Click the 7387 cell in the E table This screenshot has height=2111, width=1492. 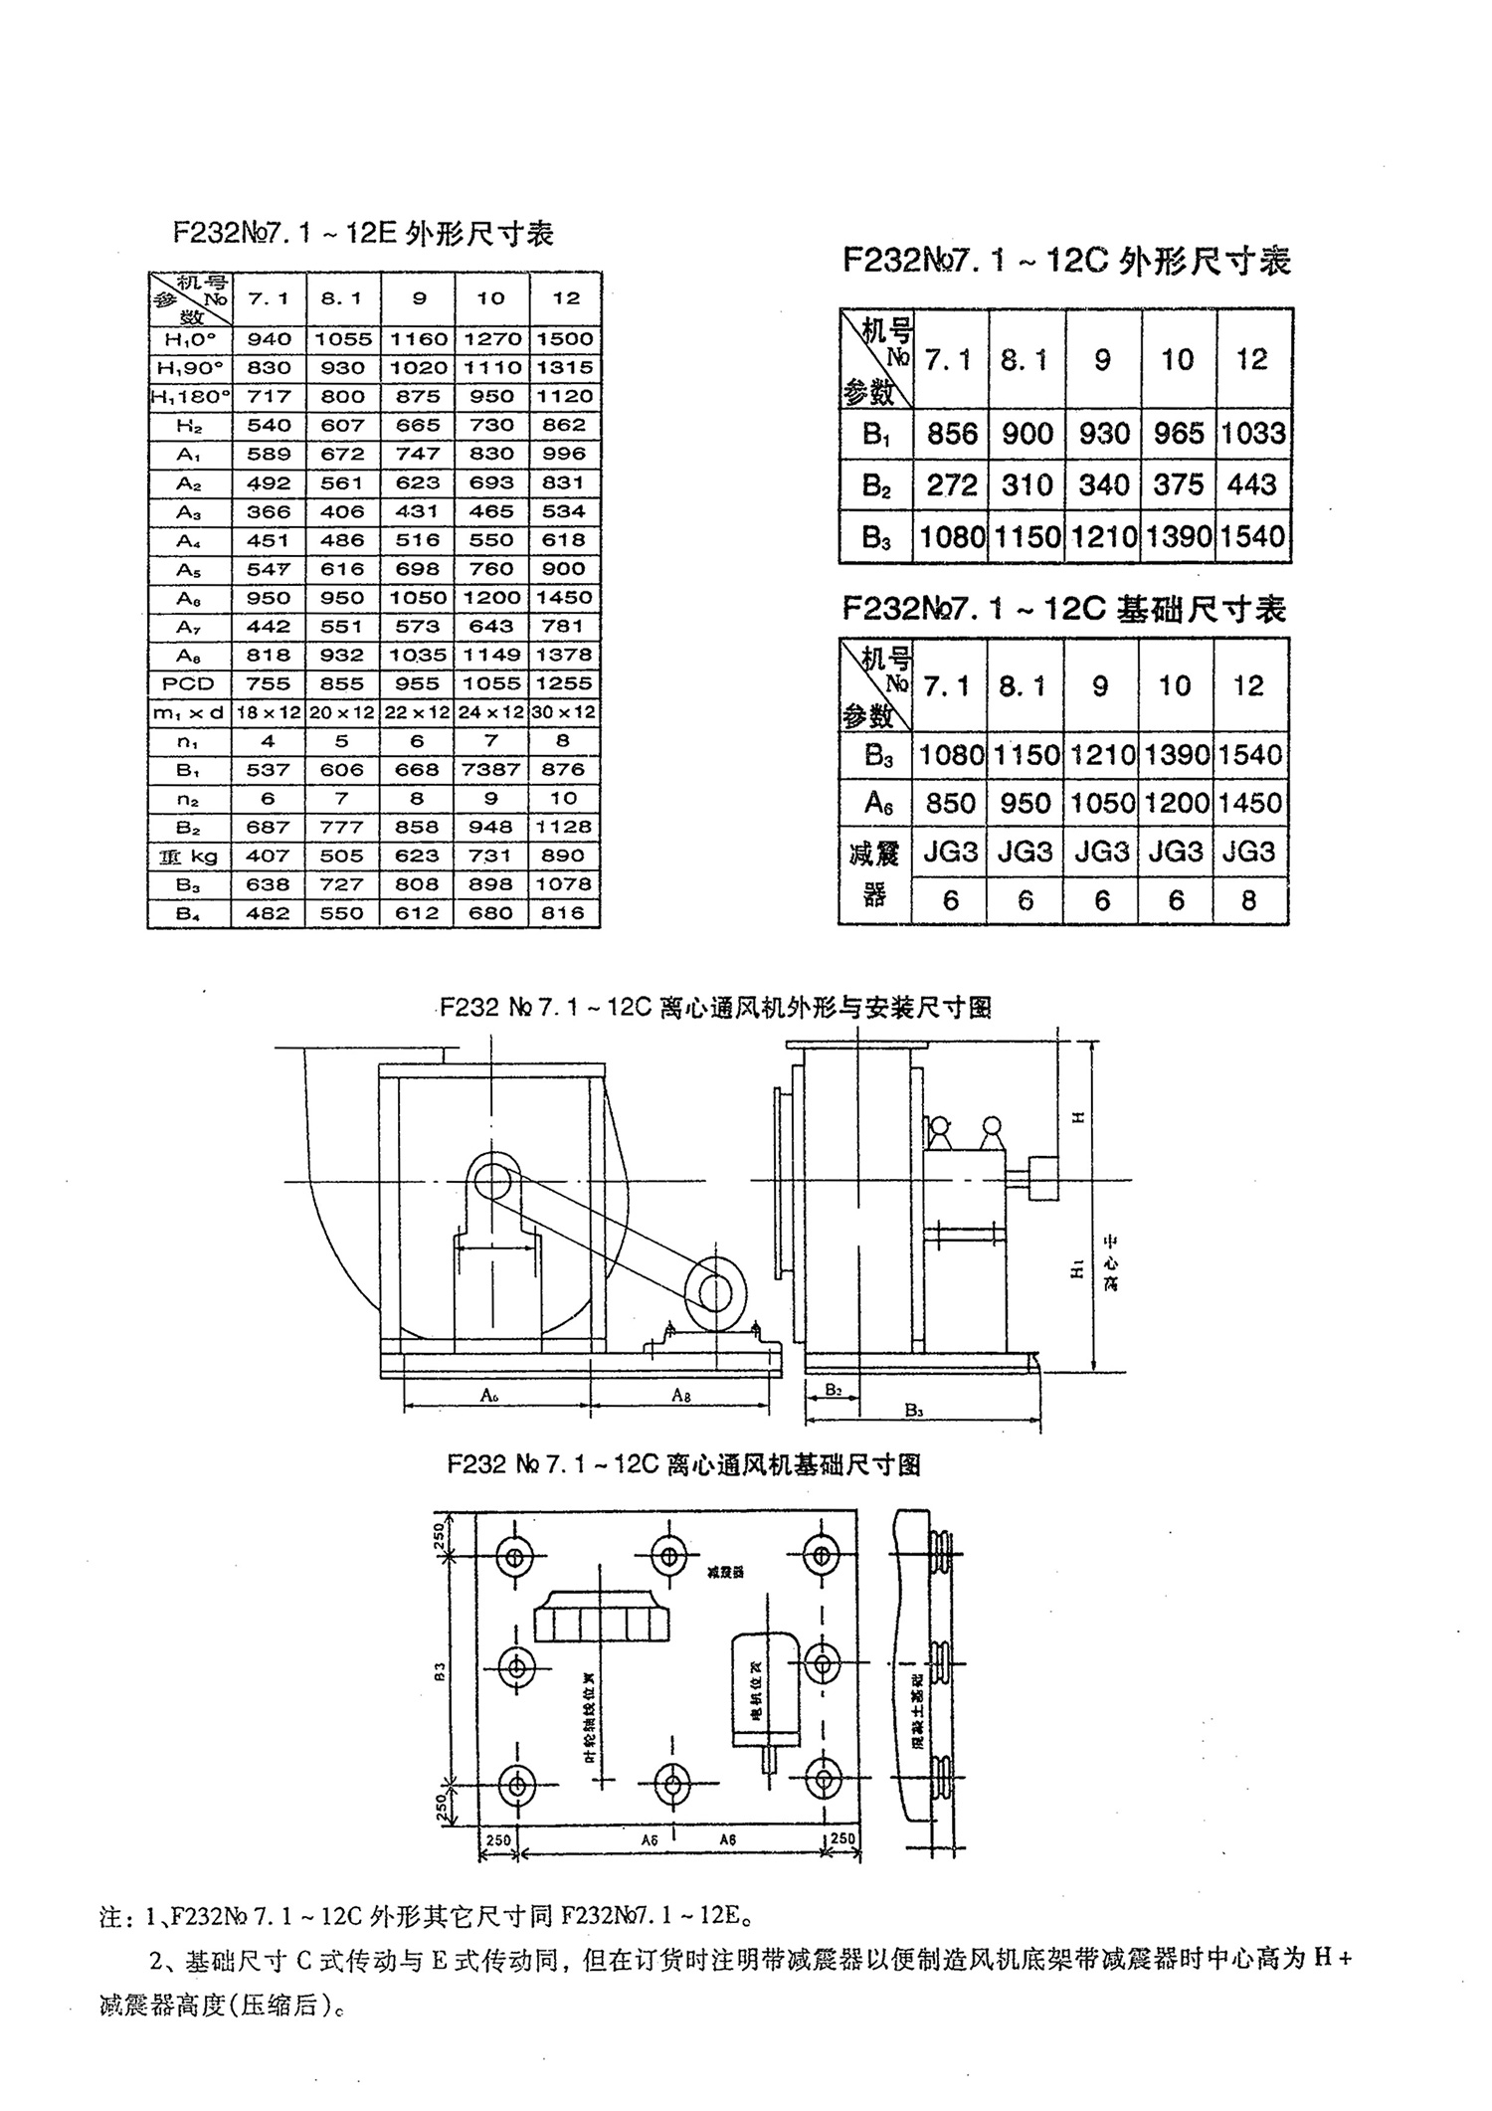pyautogui.click(x=491, y=770)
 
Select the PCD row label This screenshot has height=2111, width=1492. pyautogui.click(x=189, y=683)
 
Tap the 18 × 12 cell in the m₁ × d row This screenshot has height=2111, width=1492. pyautogui.click(x=269, y=712)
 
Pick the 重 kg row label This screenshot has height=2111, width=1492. pyautogui.click(x=189, y=856)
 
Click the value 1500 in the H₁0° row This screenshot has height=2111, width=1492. pyautogui.click(x=565, y=339)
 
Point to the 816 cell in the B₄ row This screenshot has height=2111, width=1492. pyautogui.click(x=565, y=913)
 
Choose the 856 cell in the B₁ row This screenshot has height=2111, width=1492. pyautogui.click(x=952, y=434)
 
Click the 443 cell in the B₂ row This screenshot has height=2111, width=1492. pyautogui.click(x=1252, y=485)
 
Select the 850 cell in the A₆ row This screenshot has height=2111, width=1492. pyautogui.click(x=950, y=803)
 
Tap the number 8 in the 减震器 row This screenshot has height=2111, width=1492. pyautogui.click(x=1249, y=900)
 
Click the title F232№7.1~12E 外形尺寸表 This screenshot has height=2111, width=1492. pyautogui.click(x=363, y=234)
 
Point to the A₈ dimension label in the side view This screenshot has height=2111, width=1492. pyautogui.click(x=680, y=1396)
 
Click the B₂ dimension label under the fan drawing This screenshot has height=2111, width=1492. pyautogui.click(x=834, y=1390)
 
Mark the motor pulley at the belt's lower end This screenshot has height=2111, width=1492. pyautogui.click(x=714, y=1292)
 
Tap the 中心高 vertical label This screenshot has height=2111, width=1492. pyautogui.click(x=1110, y=1263)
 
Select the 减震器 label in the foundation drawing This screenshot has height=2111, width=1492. pyautogui.click(x=725, y=1573)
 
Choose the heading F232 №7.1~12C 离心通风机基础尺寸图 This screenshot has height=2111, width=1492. pyautogui.click(x=683, y=1464)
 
